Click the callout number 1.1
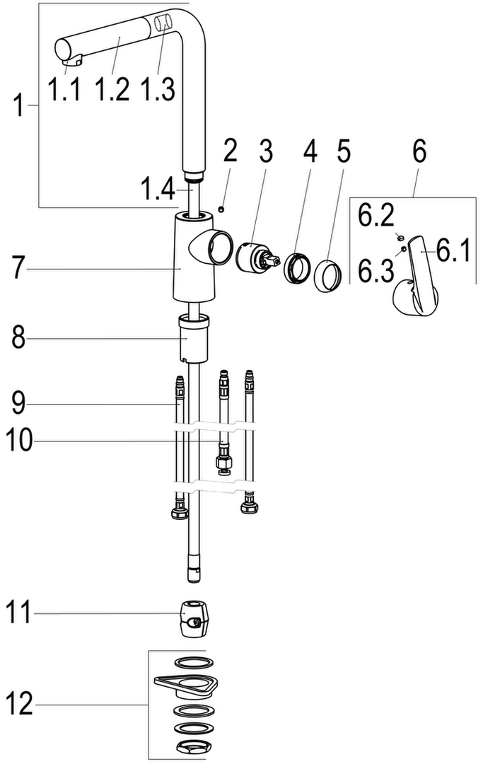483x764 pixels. coord(64,90)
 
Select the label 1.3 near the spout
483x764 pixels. coord(157,90)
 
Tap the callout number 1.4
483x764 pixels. coord(157,189)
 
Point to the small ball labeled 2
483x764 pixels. coord(221,209)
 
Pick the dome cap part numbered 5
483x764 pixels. coord(326,276)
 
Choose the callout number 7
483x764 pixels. coord(18,267)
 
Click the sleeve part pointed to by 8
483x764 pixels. coord(194,339)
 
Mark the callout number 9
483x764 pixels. coord(18,404)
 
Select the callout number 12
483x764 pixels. coord(20,704)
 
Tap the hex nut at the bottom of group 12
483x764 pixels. coord(194,747)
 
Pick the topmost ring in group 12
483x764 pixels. coord(194,663)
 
